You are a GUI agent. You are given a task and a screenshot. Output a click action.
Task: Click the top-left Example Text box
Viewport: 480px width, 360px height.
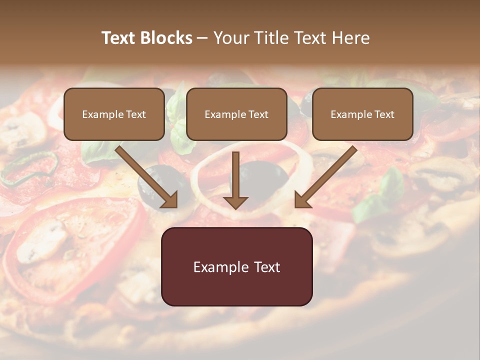[x=114, y=114]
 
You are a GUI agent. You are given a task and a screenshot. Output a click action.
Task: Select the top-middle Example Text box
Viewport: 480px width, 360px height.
[x=236, y=114]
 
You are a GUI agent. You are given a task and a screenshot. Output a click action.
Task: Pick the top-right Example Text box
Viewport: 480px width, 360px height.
[x=362, y=114]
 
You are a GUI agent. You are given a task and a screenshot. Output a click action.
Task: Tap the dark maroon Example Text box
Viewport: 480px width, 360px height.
[x=236, y=266]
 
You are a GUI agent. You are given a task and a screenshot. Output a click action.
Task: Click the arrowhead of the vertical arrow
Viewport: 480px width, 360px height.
[x=235, y=202]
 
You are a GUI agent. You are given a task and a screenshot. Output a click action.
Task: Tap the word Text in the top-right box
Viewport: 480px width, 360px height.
[x=384, y=114]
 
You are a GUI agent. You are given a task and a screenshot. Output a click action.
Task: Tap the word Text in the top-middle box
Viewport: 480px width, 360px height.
[x=258, y=114]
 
